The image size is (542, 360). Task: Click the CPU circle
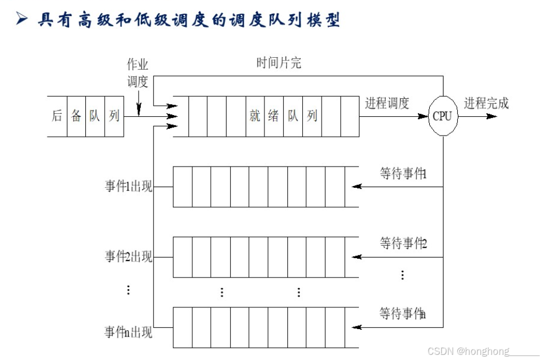(442, 116)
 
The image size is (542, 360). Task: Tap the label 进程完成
(486, 104)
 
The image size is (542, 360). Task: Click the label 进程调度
(387, 104)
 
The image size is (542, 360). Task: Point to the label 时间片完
(279, 63)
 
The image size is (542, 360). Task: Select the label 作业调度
(137, 73)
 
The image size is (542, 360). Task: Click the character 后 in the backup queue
(57, 116)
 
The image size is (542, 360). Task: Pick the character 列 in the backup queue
(114, 116)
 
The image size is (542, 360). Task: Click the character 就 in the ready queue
(255, 116)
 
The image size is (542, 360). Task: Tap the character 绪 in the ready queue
(274, 116)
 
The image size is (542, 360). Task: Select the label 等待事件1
(404, 173)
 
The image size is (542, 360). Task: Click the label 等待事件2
(404, 243)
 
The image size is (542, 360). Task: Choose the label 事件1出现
(129, 187)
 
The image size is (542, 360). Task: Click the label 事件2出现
(129, 256)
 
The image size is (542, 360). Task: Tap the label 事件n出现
(129, 332)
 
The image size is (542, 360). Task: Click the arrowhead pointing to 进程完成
(492, 116)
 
